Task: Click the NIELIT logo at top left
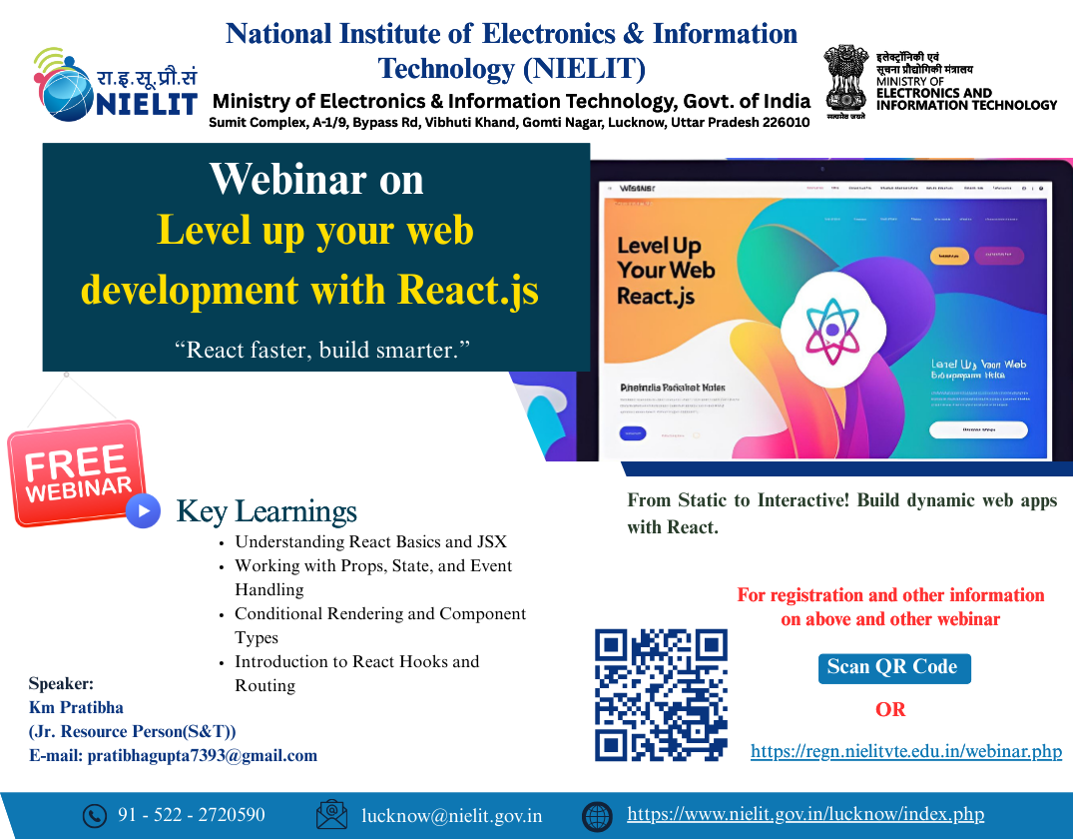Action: [115, 84]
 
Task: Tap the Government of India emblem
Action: [844, 80]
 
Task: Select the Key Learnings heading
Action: [267, 511]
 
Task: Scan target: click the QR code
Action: [661, 695]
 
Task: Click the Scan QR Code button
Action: [892, 667]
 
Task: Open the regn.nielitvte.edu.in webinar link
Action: [905, 751]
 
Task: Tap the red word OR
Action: [890, 710]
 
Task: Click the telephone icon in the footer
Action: [94, 816]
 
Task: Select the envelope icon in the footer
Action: [331, 815]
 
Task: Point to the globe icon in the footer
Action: [597, 816]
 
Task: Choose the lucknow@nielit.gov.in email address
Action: [452, 816]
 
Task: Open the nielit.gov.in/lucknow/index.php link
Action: [805, 815]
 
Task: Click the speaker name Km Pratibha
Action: [77, 707]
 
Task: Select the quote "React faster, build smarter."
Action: [321, 349]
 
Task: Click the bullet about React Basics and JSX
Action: [370, 542]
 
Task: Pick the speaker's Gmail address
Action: [203, 755]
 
